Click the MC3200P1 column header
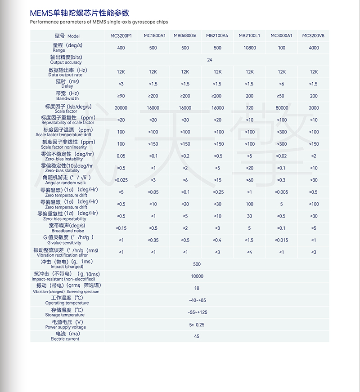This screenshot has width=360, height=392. (121, 36)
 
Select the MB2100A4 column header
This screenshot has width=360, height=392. (217, 36)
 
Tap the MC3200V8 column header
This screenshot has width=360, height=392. (313, 36)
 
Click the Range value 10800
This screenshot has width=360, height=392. (250, 48)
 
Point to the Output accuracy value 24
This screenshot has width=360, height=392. (210, 60)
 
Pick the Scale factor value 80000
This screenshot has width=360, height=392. (282, 108)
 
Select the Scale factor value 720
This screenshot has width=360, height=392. (250, 108)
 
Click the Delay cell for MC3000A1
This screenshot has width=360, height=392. (282, 84)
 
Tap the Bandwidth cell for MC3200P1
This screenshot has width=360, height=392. (121, 96)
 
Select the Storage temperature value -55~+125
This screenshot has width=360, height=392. (197, 312)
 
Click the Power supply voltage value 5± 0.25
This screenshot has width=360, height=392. (197, 324)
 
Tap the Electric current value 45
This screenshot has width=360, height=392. (197, 336)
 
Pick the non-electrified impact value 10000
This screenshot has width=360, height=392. (197, 276)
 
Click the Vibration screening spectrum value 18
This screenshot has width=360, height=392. (197, 288)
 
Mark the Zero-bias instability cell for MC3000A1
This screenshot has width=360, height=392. (282, 156)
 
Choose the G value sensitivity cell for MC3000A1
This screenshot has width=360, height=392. (282, 240)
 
